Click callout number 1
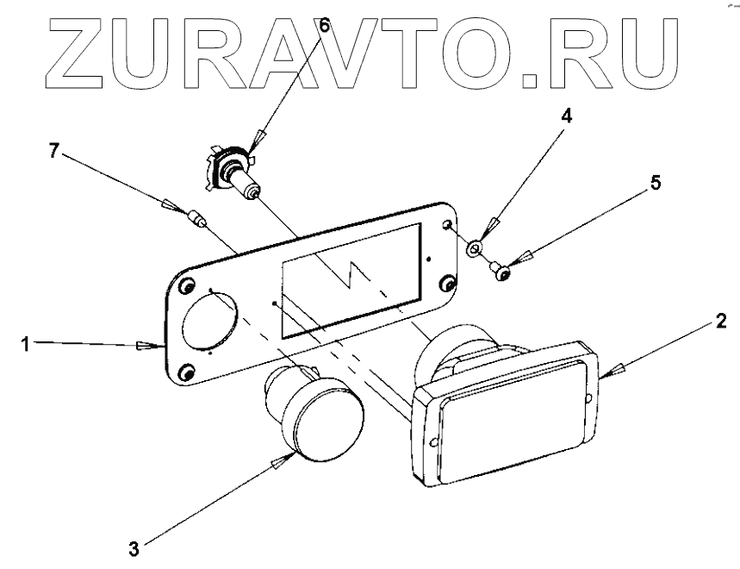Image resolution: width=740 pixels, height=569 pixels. [27, 343]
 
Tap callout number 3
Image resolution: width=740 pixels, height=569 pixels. [134, 546]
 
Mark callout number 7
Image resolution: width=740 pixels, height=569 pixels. [54, 152]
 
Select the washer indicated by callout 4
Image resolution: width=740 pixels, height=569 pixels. [475, 250]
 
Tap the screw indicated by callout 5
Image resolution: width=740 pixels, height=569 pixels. [502, 272]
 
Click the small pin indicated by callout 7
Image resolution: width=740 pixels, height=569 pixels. [197, 220]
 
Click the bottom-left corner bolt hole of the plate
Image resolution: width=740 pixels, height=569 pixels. [185, 372]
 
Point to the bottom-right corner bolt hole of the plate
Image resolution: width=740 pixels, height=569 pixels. [448, 284]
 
